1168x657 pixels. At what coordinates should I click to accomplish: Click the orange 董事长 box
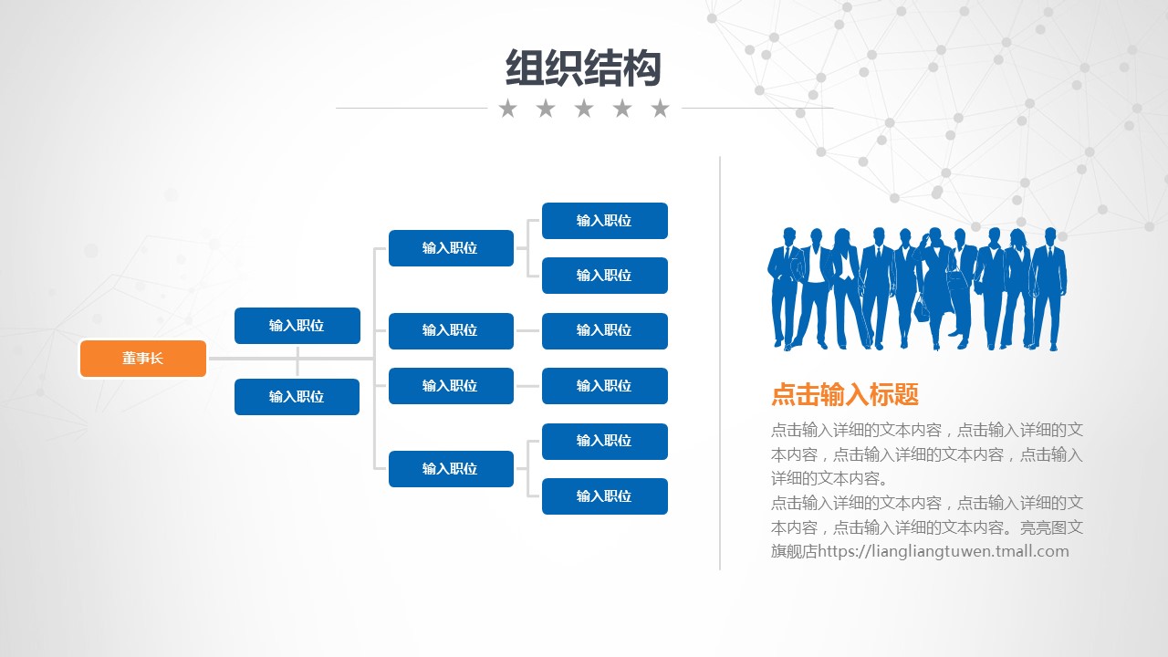tap(143, 359)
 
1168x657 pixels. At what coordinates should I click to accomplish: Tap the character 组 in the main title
tap(525, 68)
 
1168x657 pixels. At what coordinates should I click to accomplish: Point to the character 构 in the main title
tap(641, 68)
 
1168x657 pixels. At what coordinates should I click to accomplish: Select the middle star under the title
tap(584, 109)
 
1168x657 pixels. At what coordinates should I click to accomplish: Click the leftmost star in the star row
tap(508, 109)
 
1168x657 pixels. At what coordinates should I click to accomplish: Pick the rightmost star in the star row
tap(660, 109)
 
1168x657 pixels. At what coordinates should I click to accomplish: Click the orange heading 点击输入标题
tap(845, 394)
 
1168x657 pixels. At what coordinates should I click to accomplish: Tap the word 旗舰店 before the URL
tap(794, 551)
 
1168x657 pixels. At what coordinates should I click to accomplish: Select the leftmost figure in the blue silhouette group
tap(785, 287)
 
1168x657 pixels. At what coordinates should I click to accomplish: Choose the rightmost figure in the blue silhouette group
tap(1049, 287)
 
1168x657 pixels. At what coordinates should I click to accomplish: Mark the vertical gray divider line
tap(720, 363)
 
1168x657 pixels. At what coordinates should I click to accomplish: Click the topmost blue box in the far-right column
tap(605, 221)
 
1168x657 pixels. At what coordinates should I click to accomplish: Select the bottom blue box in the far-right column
tap(605, 495)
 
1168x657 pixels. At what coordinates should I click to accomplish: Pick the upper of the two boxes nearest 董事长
tap(297, 326)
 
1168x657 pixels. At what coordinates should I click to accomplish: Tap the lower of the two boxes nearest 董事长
tap(297, 397)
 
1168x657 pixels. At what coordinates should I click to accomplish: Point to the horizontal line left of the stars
tap(412, 108)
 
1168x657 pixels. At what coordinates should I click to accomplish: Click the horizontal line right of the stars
tap(757, 108)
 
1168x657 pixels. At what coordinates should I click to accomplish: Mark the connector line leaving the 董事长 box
tap(291, 359)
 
